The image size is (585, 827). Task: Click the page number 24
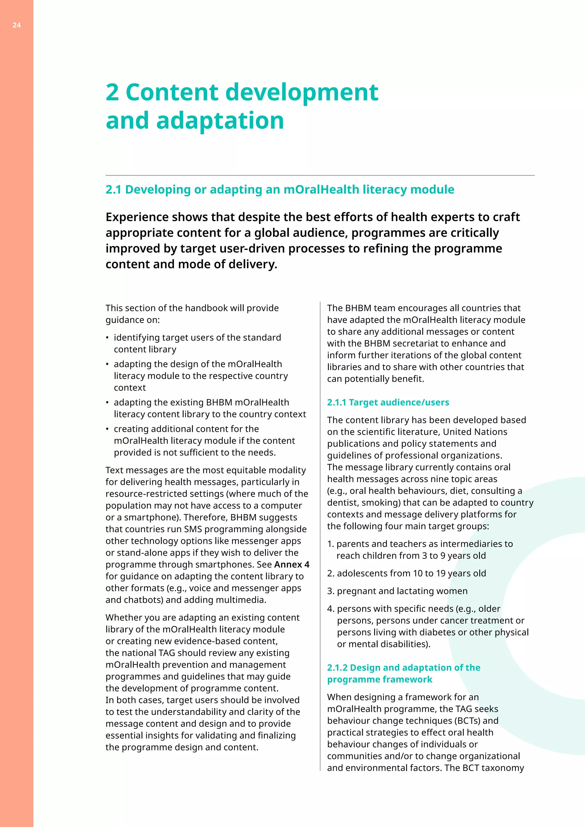17,25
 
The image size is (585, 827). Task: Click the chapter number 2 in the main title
112,92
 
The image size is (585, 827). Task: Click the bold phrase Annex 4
292,564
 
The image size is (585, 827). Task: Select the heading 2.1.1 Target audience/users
388,402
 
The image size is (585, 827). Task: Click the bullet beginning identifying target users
197,338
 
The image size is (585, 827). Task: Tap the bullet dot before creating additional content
107,429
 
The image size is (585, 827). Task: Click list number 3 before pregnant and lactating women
330,591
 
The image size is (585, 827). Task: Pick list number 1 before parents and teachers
330,544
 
